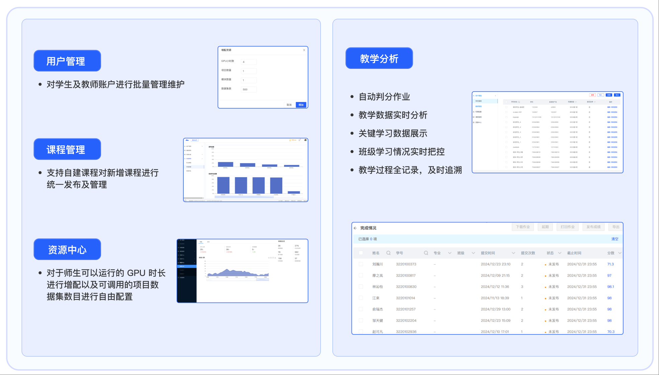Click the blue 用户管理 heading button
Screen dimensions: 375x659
[67, 61]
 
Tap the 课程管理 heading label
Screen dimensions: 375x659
[67, 149]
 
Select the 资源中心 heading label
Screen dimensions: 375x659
[67, 249]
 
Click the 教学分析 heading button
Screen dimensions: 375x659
[379, 58]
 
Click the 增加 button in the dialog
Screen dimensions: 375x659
[301, 105]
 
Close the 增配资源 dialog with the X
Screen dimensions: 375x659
[304, 50]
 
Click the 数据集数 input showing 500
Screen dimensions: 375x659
[249, 90]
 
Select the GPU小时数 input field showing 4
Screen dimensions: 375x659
[249, 62]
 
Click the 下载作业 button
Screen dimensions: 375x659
[523, 227]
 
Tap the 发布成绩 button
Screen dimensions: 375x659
[593, 227]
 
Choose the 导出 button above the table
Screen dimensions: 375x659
[616, 227]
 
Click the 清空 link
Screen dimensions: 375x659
[615, 239]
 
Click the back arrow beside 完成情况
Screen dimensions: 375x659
[355, 228]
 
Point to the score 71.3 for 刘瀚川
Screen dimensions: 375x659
[610, 264]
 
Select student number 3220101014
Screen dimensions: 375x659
[405, 298]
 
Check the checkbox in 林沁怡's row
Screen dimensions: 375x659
[361, 287]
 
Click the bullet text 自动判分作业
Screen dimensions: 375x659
[384, 97]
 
